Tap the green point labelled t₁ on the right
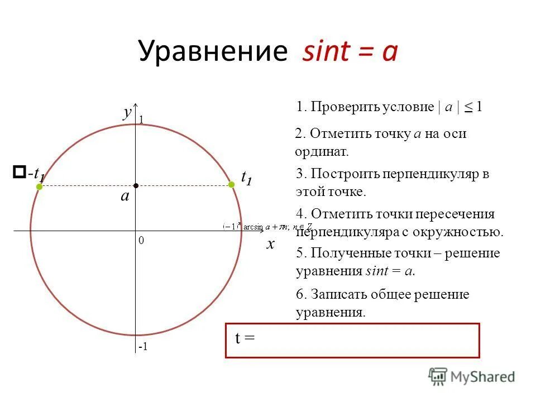231,184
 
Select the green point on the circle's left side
40,187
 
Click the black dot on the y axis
136,185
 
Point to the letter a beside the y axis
125,196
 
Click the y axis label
127,112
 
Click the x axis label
271,244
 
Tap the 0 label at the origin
141,240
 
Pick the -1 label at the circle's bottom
143,347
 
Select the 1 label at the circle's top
141,119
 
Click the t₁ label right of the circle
246,176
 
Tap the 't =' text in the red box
245,338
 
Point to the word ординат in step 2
321,151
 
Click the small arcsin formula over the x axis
267,226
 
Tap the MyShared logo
472,376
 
